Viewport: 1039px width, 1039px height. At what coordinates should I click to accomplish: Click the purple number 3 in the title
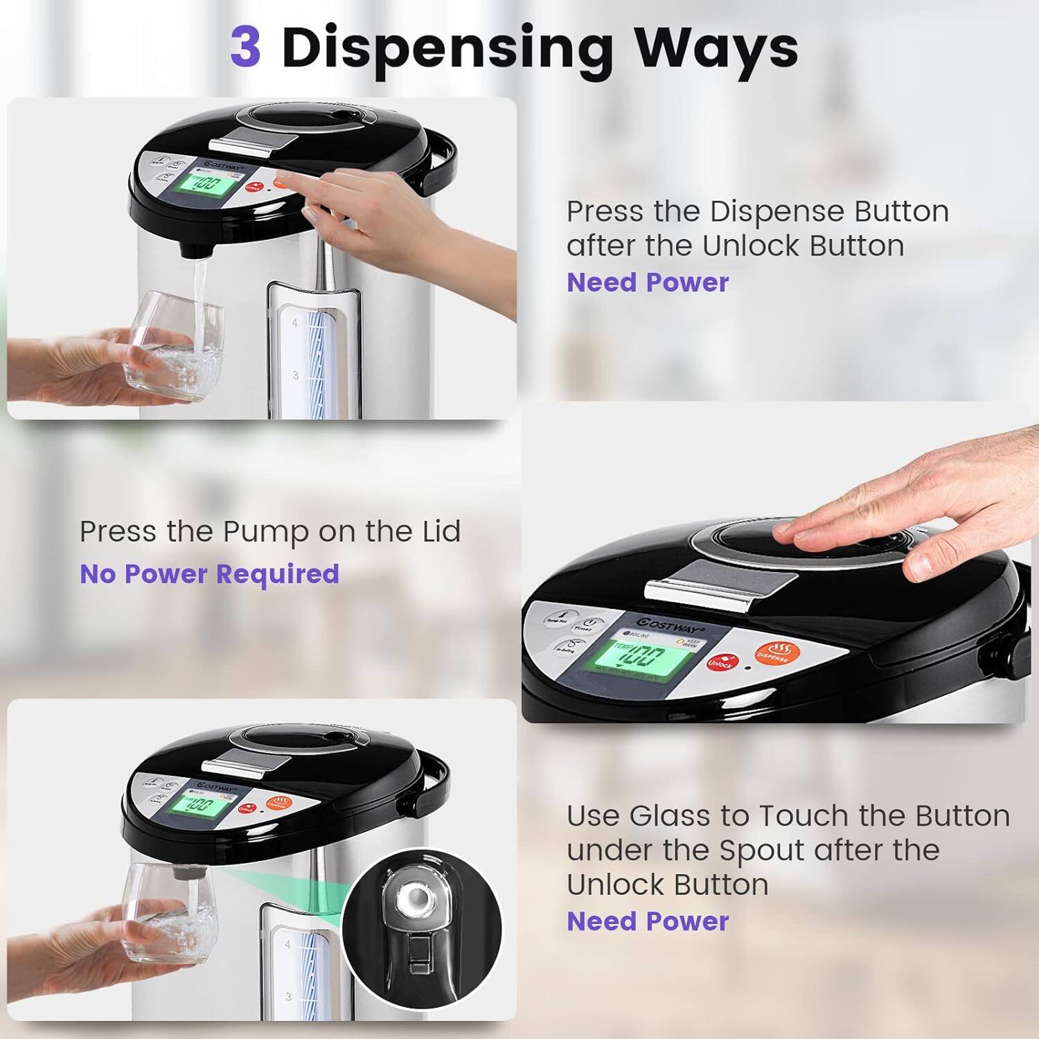tap(245, 46)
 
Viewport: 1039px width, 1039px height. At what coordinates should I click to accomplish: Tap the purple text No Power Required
tap(209, 574)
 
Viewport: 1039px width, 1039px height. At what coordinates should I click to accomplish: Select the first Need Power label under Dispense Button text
tap(648, 283)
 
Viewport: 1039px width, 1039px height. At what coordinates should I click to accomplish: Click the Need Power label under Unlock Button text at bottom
tap(648, 921)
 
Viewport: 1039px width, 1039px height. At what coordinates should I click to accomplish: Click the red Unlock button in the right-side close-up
tap(722, 662)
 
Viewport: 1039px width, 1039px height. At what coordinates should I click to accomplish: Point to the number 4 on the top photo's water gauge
tap(295, 323)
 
